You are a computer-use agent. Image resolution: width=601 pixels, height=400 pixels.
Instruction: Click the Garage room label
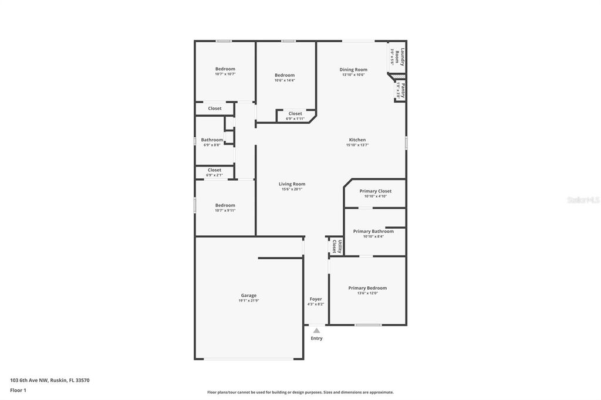[x=248, y=296]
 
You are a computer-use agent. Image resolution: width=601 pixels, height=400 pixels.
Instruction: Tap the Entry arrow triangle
[x=316, y=331]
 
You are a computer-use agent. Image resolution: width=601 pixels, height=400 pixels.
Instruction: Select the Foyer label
[x=316, y=299]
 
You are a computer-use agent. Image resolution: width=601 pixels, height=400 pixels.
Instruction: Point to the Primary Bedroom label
[x=367, y=288]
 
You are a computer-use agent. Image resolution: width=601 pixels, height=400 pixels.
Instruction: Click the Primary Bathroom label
[x=373, y=231]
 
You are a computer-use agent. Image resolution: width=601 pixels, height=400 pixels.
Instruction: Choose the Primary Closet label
[x=375, y=191]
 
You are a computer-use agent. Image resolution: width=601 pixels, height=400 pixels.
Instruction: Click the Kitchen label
[x=357, y=140]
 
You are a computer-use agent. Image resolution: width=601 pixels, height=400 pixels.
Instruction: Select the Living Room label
[x=292, y=184]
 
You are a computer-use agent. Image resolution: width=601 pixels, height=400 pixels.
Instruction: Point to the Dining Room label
[x=353, y=70]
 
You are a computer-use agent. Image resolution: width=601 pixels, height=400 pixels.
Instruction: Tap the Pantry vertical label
[x=401, y=91]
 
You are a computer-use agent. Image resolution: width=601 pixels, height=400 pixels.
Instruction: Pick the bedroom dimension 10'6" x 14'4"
[x=285, y=80]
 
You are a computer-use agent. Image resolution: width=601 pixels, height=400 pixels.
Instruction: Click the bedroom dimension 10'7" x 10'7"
[x=225, y=74]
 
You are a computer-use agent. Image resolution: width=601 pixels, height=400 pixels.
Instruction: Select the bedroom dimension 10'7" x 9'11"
[x=225, y=211]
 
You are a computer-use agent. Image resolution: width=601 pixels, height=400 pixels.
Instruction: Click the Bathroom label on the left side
[x=212, y=140]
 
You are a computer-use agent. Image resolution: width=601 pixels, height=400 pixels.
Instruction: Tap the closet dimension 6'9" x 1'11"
[x=295, y=119]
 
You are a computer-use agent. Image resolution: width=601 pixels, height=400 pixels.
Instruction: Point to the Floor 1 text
[x=18, y=390]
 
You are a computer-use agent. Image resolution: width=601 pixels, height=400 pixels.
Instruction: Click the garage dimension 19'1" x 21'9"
[x=248, y=301]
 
